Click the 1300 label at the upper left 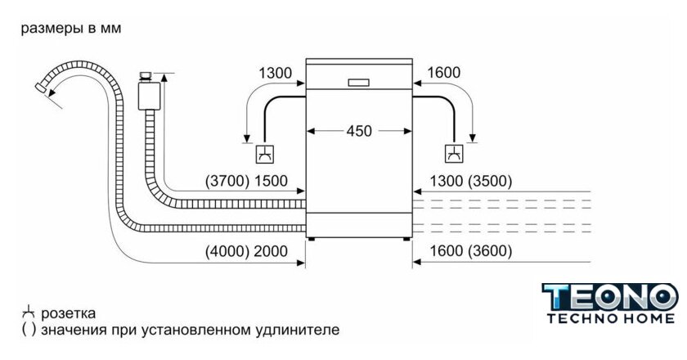coord(276,73)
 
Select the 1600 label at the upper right coord(444,73)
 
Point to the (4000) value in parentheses coord(227,252)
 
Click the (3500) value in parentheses coord(489,182)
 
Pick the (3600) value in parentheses coord(489,252)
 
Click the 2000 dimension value coord(272,252)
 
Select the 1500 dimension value coord(272,182)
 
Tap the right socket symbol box coord(453,152)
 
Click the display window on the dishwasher coord(359,81)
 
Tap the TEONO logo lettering coord(610,297)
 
